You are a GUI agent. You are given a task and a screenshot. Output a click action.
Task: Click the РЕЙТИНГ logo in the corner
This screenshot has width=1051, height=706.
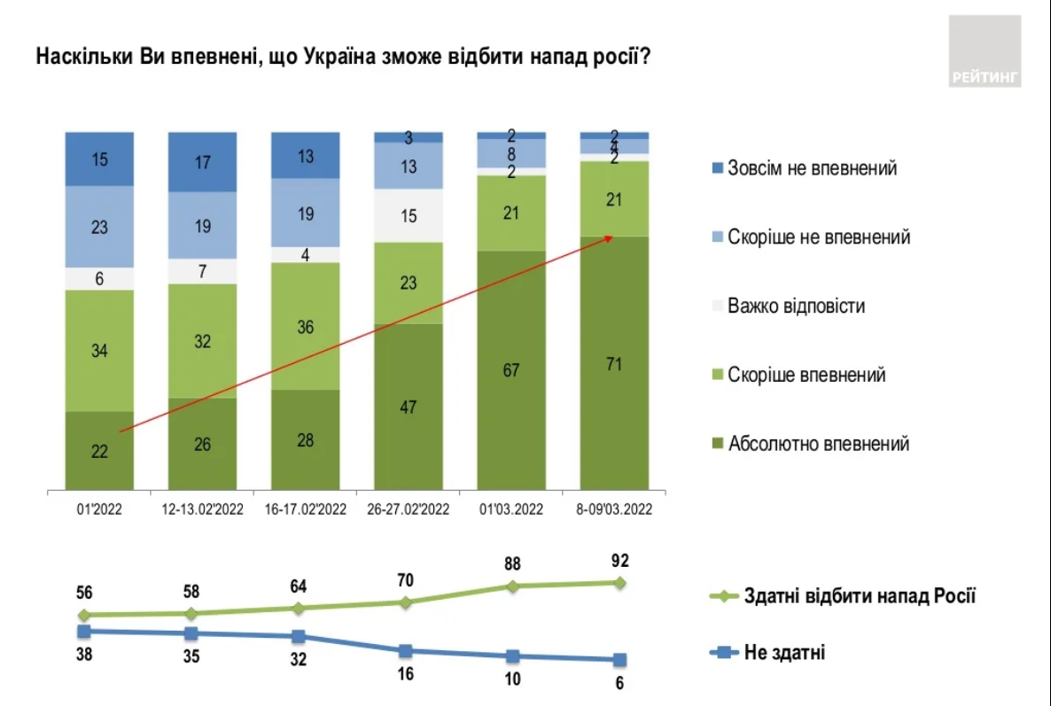coord(985,50)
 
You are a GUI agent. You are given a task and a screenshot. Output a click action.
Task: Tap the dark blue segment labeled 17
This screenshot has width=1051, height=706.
coord(203,162)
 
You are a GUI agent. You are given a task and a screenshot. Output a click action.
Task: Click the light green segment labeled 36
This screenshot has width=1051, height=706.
coord(306,325)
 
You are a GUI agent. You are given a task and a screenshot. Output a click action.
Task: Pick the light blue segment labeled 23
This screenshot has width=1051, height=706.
coord(99,227)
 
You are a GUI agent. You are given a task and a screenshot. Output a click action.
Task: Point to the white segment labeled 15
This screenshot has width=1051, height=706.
coord(409,215)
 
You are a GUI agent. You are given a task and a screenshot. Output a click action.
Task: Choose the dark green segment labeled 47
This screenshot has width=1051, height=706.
coord(409,407)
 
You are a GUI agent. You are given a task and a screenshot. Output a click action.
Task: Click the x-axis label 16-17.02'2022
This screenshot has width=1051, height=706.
coord(306,509)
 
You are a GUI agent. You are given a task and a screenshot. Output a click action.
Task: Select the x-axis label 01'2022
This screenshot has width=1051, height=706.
coord(99,509)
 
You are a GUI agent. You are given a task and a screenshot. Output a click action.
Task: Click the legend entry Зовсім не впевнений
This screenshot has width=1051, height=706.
coord(812,168)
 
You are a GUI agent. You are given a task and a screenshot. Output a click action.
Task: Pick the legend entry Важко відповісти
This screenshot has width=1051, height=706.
coord(796,306)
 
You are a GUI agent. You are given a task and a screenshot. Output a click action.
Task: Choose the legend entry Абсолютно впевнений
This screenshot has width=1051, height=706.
coord(818,444)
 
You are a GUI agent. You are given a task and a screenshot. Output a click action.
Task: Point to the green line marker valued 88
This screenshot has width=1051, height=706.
coord(512,586)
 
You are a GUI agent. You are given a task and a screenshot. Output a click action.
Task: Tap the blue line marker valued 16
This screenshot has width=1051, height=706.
coord(405,651)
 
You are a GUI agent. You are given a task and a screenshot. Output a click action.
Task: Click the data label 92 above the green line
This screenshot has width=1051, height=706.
coord(619,560)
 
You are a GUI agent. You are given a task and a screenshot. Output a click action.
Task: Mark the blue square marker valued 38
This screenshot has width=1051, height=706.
coord(84,631)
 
